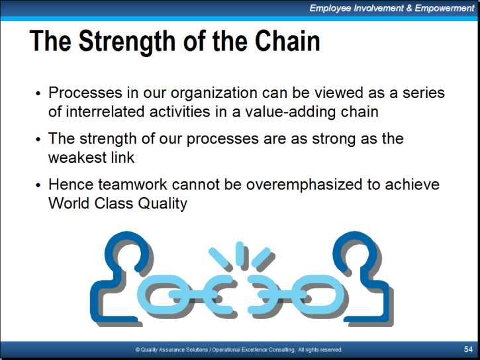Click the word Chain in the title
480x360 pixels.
(x=287, y=40)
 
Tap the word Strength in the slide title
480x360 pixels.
(x=127, y=42)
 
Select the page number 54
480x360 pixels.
(x=468, y=349)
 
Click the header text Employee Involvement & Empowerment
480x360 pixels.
(x=392, y=8)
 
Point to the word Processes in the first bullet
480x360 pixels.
(x=85, y=93)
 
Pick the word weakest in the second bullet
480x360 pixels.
(x=77, y=157)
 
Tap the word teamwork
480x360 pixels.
(x=132, y=185)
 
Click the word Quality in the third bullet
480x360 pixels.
(x=163, y=204)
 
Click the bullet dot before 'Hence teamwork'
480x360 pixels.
(x=38, y=185)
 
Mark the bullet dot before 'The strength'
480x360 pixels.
(x=38, y=140)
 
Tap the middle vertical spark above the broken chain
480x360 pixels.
(x=240, y=253)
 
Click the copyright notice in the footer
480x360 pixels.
(x=239, y=349)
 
